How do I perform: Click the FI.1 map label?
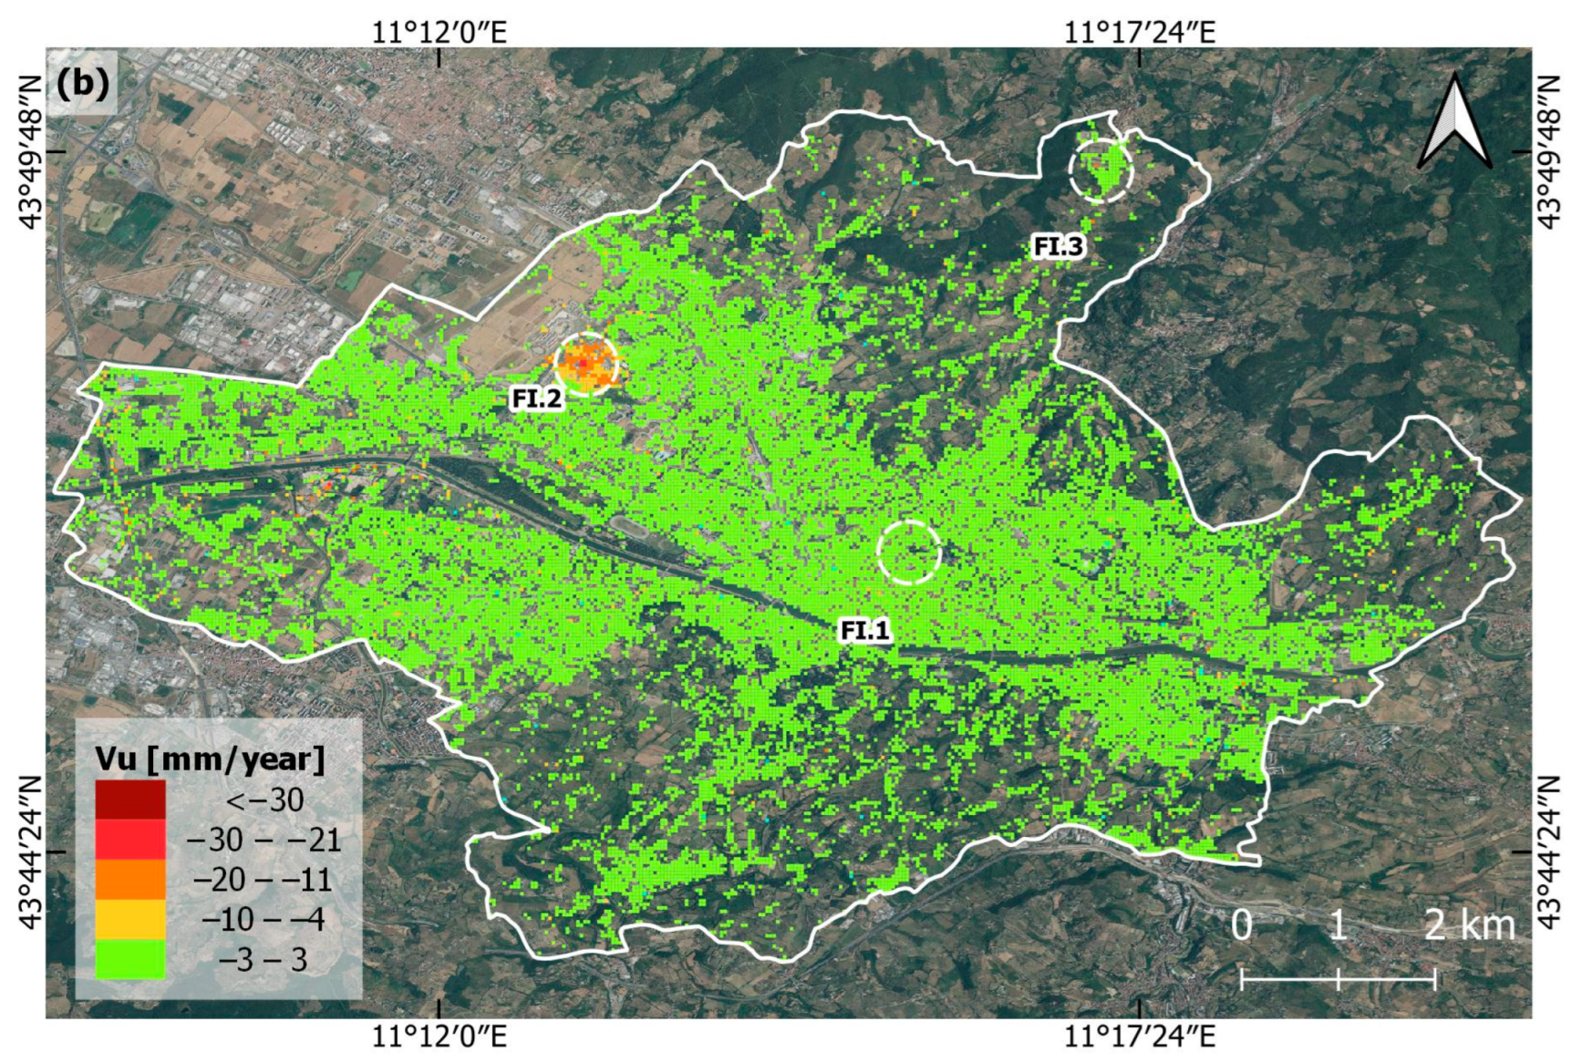863,630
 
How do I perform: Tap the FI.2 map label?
536,398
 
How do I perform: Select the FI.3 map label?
1058,246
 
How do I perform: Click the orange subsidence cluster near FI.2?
586,364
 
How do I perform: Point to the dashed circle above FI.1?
909,552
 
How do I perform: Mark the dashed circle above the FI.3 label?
1101,170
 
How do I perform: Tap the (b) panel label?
82,84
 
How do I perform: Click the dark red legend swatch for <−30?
130,800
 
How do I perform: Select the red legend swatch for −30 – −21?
130,840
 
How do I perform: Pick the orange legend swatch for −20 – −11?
130,880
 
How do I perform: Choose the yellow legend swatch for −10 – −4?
130,919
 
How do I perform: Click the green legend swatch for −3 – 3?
130,959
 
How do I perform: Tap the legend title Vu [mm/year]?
210,759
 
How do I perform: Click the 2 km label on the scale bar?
1469,925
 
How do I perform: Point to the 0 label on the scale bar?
1241,925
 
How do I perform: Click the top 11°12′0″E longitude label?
439,33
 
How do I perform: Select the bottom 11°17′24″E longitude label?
1140,1037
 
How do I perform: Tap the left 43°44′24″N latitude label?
31,852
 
